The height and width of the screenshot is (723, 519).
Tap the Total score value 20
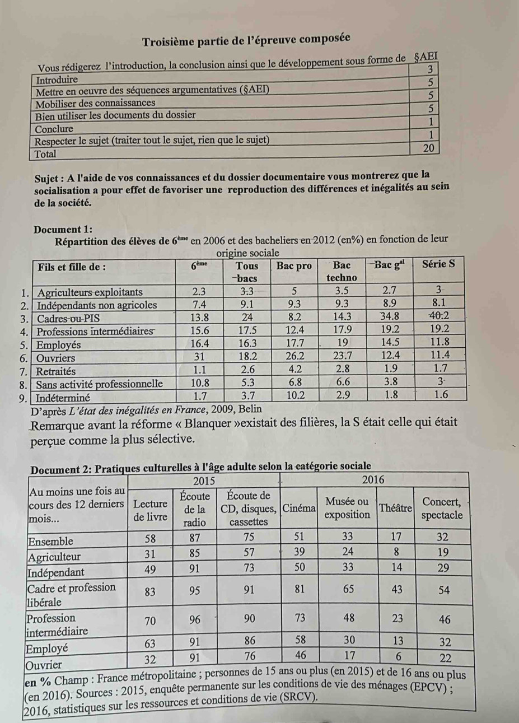[x=429, y=148]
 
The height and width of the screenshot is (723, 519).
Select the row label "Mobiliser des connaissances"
[x=95, y=103]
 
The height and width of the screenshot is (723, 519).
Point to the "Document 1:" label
[x=63, y=230]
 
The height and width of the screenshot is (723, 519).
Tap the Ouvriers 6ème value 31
[x=200, y=356]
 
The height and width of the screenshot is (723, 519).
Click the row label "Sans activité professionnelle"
[x=99, y=385]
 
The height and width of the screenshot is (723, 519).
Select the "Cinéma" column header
[x=300, y=508]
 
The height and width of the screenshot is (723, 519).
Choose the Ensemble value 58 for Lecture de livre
[x=149, y=539]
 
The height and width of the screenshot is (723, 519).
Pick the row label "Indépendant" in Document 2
[x=57, y=572]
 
